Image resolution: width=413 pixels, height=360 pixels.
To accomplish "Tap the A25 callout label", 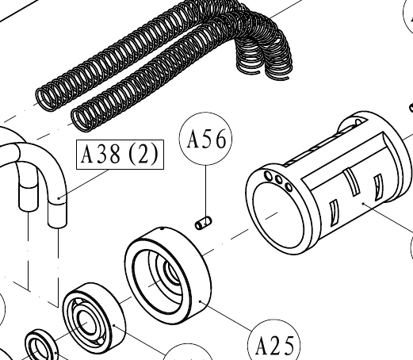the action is pos(274,346).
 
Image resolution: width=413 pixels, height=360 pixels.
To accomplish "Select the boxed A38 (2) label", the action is pos(120,155).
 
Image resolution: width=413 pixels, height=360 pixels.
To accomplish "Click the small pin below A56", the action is pos(203,223).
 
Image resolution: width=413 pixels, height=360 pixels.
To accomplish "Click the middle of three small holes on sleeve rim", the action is pos(278,180).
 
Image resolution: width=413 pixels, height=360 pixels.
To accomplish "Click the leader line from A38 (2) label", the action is pos(83,184).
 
